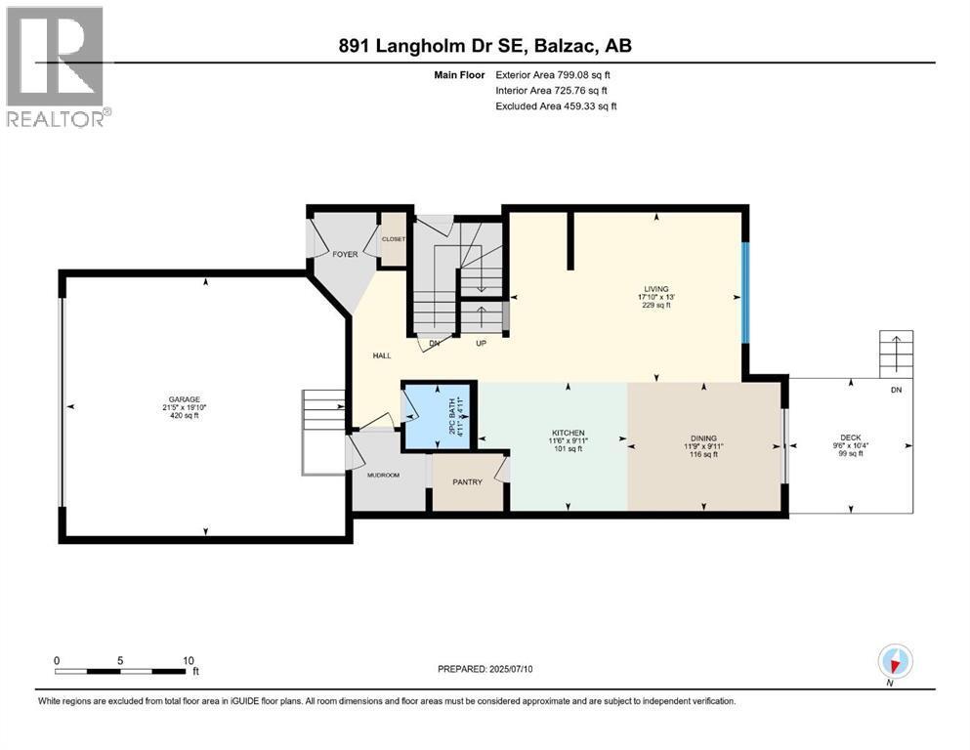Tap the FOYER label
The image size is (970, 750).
[x=345, y=253]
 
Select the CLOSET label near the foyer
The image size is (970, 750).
[x=393, y=238]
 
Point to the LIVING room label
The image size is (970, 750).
[x=655, y=289]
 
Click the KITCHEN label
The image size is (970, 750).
[x=567, y=433]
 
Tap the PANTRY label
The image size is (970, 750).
[x=467, y=481]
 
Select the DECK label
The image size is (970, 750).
[x=850, y=437]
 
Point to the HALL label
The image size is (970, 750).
[x=382, y=355]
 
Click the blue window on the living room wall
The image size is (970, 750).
[x=744, y=293]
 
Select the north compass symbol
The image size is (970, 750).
[x=895, y=661]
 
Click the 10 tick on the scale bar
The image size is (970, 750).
[x=189, y=660]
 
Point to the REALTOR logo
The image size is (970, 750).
[x=56, y=65]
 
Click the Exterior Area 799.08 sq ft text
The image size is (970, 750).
[x=556, y=74]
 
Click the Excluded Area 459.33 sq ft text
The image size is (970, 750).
[x=556, y=105]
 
